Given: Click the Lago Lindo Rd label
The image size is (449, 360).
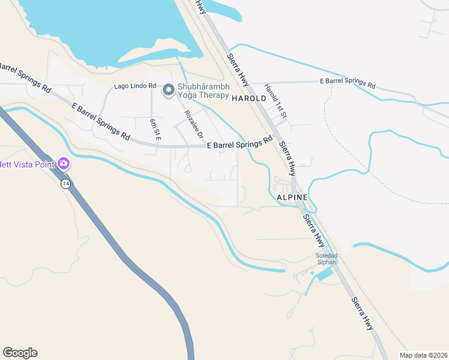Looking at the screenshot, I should (x=135, y=88).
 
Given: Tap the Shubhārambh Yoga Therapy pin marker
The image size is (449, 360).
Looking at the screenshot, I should (x=169, y=91).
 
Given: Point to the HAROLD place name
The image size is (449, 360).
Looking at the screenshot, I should (x=249, y=98).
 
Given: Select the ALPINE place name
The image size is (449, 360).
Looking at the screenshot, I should (x=292, y=197).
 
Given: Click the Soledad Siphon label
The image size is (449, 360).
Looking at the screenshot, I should (x=327, y=259).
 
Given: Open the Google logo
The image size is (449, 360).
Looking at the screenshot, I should (x=20, y=353).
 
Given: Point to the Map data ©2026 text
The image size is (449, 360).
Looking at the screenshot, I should (x=423, y=355).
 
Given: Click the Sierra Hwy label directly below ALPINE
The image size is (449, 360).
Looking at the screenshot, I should (x=314, y=230).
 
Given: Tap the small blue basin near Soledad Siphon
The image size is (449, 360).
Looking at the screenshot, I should (x=323, y=275).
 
